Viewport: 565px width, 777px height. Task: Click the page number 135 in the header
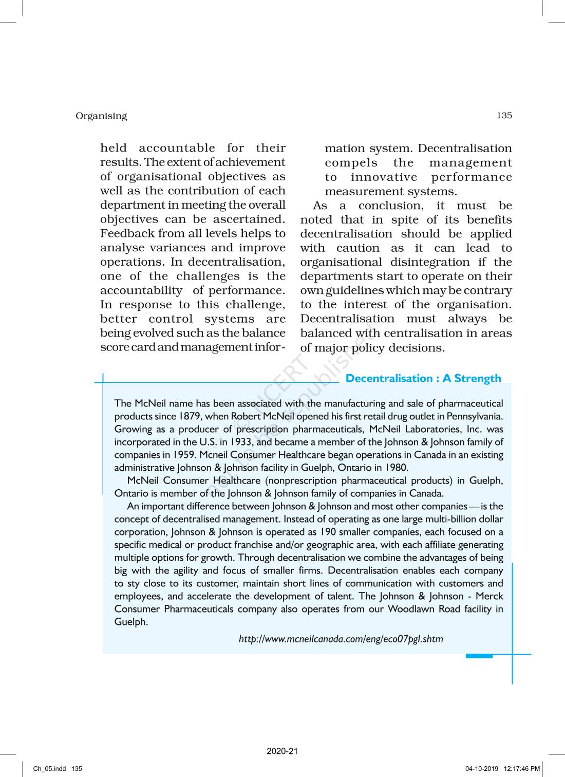pos(504,115)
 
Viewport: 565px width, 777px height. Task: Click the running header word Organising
pos(101,116)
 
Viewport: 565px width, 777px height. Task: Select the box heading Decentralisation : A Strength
pos(423,379)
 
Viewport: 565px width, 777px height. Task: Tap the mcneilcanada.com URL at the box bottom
pos(341,639)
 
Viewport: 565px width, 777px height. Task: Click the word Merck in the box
pos(489,596)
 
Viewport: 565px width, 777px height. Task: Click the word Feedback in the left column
pos(124,233)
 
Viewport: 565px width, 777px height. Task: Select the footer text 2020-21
pos(282,751)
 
